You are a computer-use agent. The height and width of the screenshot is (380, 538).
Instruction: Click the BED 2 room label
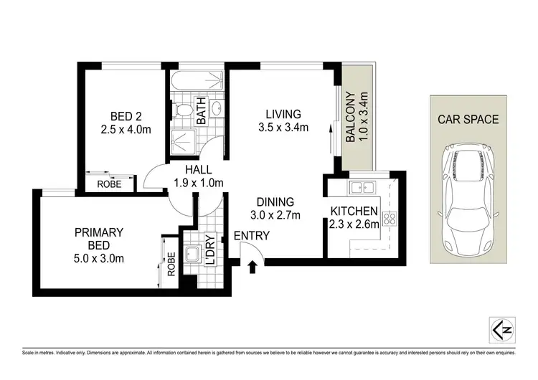point(126,116)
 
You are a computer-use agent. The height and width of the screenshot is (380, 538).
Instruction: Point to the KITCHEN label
point(354,211)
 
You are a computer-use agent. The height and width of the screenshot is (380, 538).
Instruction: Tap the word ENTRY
point(251,235)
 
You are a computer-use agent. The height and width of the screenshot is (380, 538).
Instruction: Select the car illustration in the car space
point(466,184)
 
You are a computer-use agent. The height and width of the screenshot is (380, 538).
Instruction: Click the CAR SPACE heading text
point(468,119)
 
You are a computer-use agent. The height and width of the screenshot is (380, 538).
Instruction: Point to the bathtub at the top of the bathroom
point(198,81)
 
